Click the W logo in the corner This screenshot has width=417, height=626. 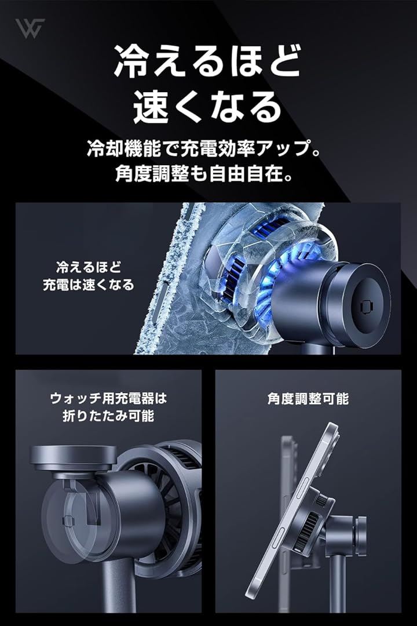30,28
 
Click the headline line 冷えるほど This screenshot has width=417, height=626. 207,61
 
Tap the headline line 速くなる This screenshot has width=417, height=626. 207,106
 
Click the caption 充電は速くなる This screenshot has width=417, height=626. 89,285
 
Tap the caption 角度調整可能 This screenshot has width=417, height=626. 308,398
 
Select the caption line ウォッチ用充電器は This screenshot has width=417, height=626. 108,398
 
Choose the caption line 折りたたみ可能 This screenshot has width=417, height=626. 108,416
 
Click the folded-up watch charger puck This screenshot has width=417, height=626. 74,458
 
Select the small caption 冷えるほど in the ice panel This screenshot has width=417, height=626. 89,267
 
